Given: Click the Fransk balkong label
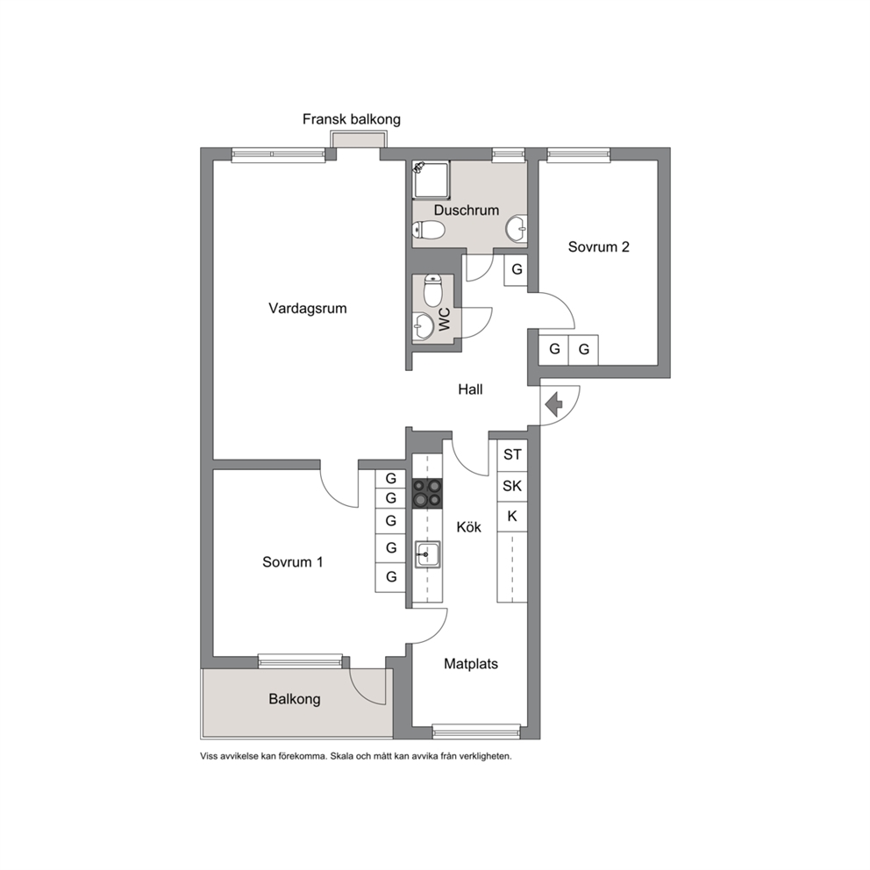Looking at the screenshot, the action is click(x=351, y=119).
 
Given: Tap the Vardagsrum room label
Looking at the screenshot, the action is click(x=307, y=309).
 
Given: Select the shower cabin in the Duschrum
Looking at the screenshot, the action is click(x=431, y=180).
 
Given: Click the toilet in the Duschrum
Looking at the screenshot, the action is click(x=429, y=230).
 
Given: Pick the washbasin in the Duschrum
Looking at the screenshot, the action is click(x=517, y=229).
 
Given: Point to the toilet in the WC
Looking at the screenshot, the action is click(x=432, y=290).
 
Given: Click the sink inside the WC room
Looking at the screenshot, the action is click(x=424, y=325).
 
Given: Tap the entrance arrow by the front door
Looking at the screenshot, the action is click(x=553, y=404).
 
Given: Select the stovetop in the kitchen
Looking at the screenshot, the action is click(x=427, y=493).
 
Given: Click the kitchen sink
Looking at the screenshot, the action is click(x=427, y=554).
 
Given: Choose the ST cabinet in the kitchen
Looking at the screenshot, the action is click(x=512, y=454).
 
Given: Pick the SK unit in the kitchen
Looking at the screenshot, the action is click(x=512, y=486).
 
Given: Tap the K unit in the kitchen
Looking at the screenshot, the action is click(x=512, y=517).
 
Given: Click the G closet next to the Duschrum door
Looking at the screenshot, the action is click(x=516, y=269).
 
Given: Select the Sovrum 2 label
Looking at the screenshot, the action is click(x=599, y=247).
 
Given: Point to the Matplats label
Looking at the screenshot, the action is click(x=470, y=664).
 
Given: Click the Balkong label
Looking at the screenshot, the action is click(x=295, y=699).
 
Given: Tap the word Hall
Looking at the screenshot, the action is click(x=470, y=389).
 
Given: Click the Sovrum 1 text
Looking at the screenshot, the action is click(x=292, y=563).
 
